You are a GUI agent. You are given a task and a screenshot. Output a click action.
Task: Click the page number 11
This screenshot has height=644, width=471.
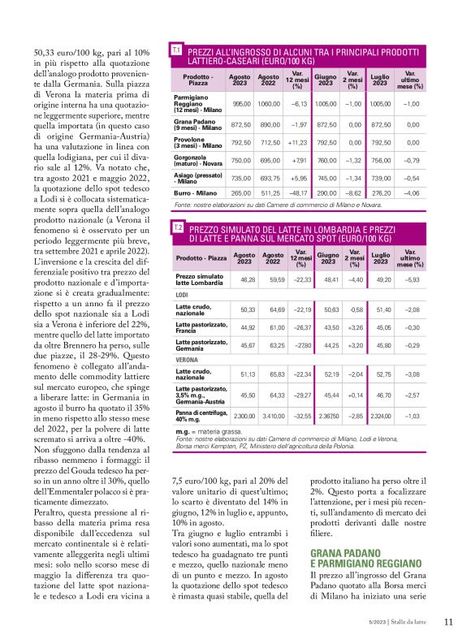coord(448,623)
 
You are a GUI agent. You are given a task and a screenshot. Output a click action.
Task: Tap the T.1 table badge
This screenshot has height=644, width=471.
coord(176,50)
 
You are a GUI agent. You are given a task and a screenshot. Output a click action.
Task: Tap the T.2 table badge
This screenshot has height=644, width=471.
coord(176,228)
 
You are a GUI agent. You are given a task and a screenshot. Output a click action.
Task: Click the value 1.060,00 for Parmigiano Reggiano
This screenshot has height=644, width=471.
coord(268,104)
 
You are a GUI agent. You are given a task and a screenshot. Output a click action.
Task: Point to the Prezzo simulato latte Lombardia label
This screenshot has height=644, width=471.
coord(199,279)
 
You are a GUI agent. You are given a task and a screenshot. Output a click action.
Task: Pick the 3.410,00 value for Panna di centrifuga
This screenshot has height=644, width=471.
coord(272,417)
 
